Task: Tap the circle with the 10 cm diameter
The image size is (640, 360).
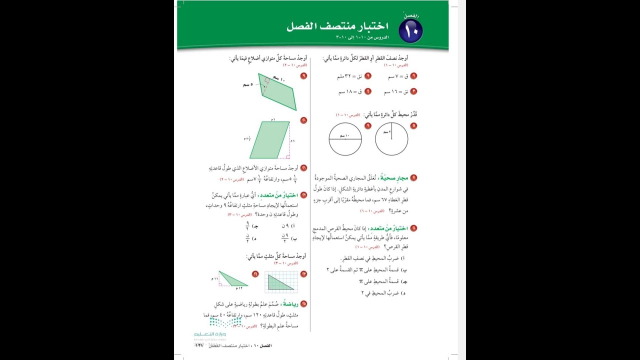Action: [345, 139]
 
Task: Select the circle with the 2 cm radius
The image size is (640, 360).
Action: [391, 139]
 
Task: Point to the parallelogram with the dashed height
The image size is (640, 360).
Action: [269, 139]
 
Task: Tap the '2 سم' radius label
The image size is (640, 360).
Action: [386, 132]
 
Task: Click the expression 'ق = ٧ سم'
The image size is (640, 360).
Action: [399, 76]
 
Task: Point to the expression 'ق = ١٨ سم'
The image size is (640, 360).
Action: [349, 92]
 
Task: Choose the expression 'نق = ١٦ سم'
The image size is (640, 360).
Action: [396, 92]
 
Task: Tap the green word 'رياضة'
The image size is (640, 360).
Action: [289, 303]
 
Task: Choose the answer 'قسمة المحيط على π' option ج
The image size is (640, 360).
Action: [381, 281]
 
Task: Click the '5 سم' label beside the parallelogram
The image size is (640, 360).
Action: [248, 85]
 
